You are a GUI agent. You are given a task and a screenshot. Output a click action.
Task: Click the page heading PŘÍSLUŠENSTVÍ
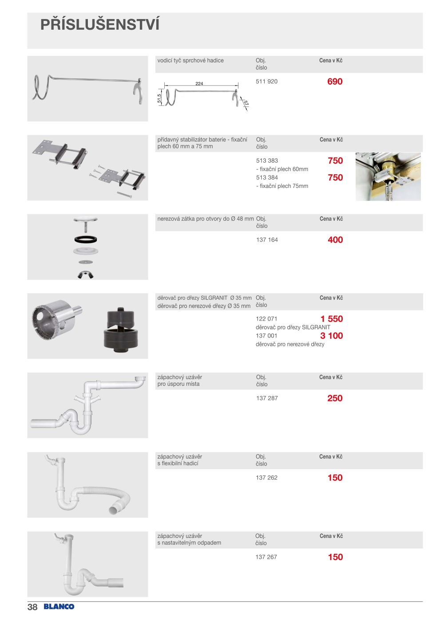pyautogui.click(x=100, y=24)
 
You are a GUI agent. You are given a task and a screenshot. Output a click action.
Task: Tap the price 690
pyautogui.click(x=335, y=82)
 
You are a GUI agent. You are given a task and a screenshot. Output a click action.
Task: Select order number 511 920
pyautogui.click(x=266, y=82)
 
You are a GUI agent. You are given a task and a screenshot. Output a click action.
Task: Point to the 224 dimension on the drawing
pyautogui.click(x=199, y=83)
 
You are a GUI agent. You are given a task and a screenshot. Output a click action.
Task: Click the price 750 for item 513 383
pyautogui.click(x=335, y=161)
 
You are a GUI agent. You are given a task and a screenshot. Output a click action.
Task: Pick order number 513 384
pyautogui.click(x=267, y=177)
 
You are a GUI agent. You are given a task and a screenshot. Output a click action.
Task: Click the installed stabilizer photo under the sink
pyautogui.click(x=388, y=176)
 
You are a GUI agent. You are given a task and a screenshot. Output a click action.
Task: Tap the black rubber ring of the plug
pyautogui.click(x=86, y=239)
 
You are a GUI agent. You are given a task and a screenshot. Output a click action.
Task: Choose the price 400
pyautogui.click(x=335, y=240)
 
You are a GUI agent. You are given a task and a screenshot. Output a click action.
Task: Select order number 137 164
pyautogui.click(x=267, y=240)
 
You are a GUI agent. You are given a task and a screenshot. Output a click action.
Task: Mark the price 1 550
pyautogui.click(x=332, y=319)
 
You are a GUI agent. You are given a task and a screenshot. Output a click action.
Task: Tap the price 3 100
pyautogui.click(x=332, y=336)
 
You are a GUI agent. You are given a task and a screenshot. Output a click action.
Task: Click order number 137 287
pyautogui.click(x=267, y=398)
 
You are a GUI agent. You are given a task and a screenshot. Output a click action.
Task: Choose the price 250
pyautogui.click(x=335, y=398)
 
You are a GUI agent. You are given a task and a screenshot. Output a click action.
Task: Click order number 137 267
pyautogui.click(x=266, y=557)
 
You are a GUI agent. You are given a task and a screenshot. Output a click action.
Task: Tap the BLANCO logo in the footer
pyautogui.click(x=59, y=607)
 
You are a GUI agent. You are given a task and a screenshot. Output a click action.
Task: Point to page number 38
pyautogui.click(x=32, y=607)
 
